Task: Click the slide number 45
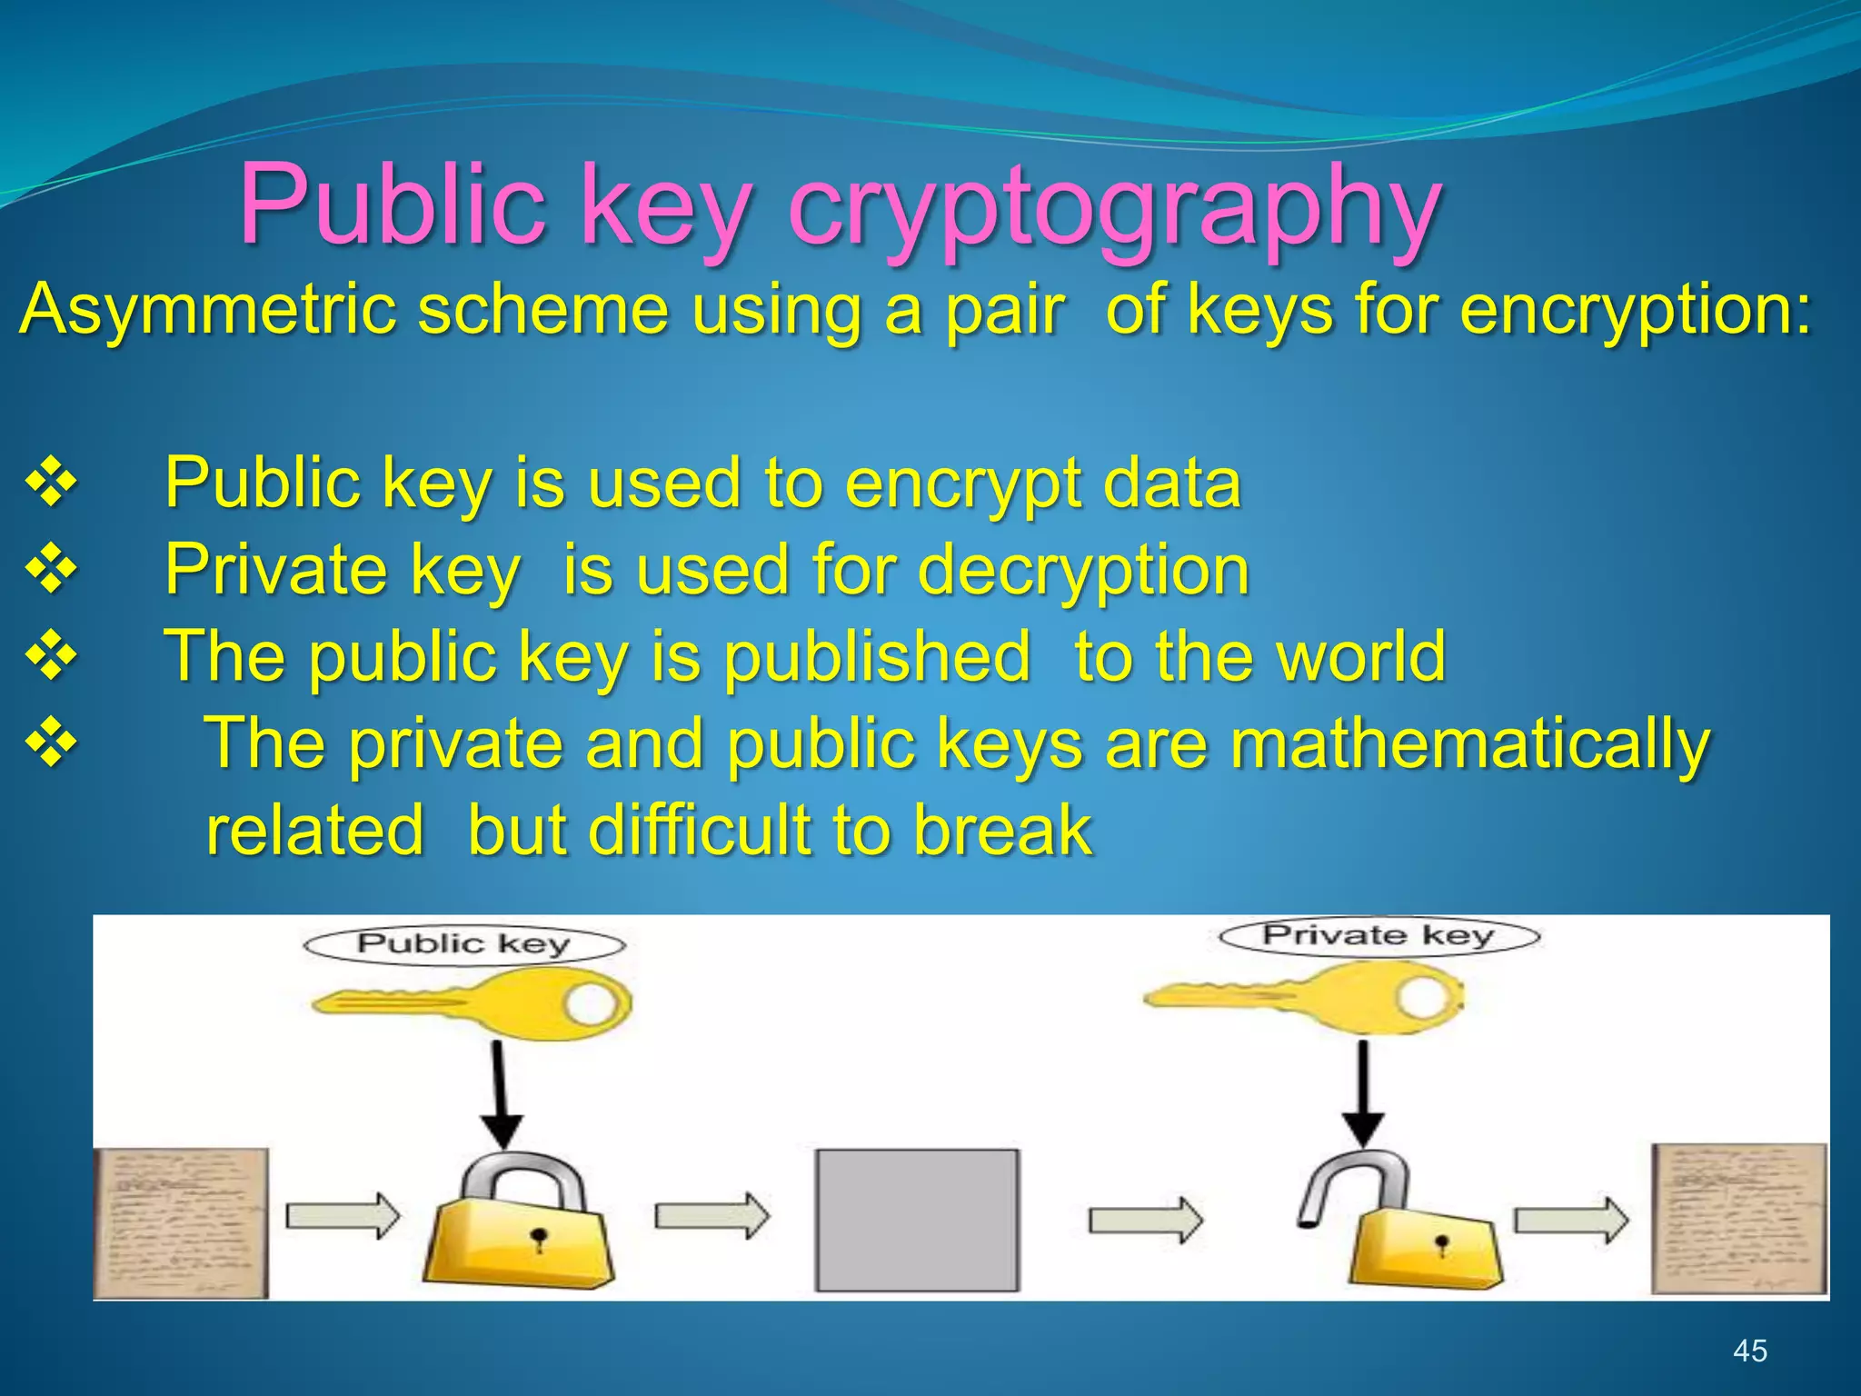tap(1749, 1351)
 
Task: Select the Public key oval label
tap(463, 944)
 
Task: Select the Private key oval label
tap(1378, 935)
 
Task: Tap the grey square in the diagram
tap(917, 1220)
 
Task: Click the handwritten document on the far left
tap(182, 1222)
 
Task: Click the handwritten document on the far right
tap(1738, 1218)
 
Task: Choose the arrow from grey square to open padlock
tap(1146, 1219)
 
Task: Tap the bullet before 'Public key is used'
tap(52, 483)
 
